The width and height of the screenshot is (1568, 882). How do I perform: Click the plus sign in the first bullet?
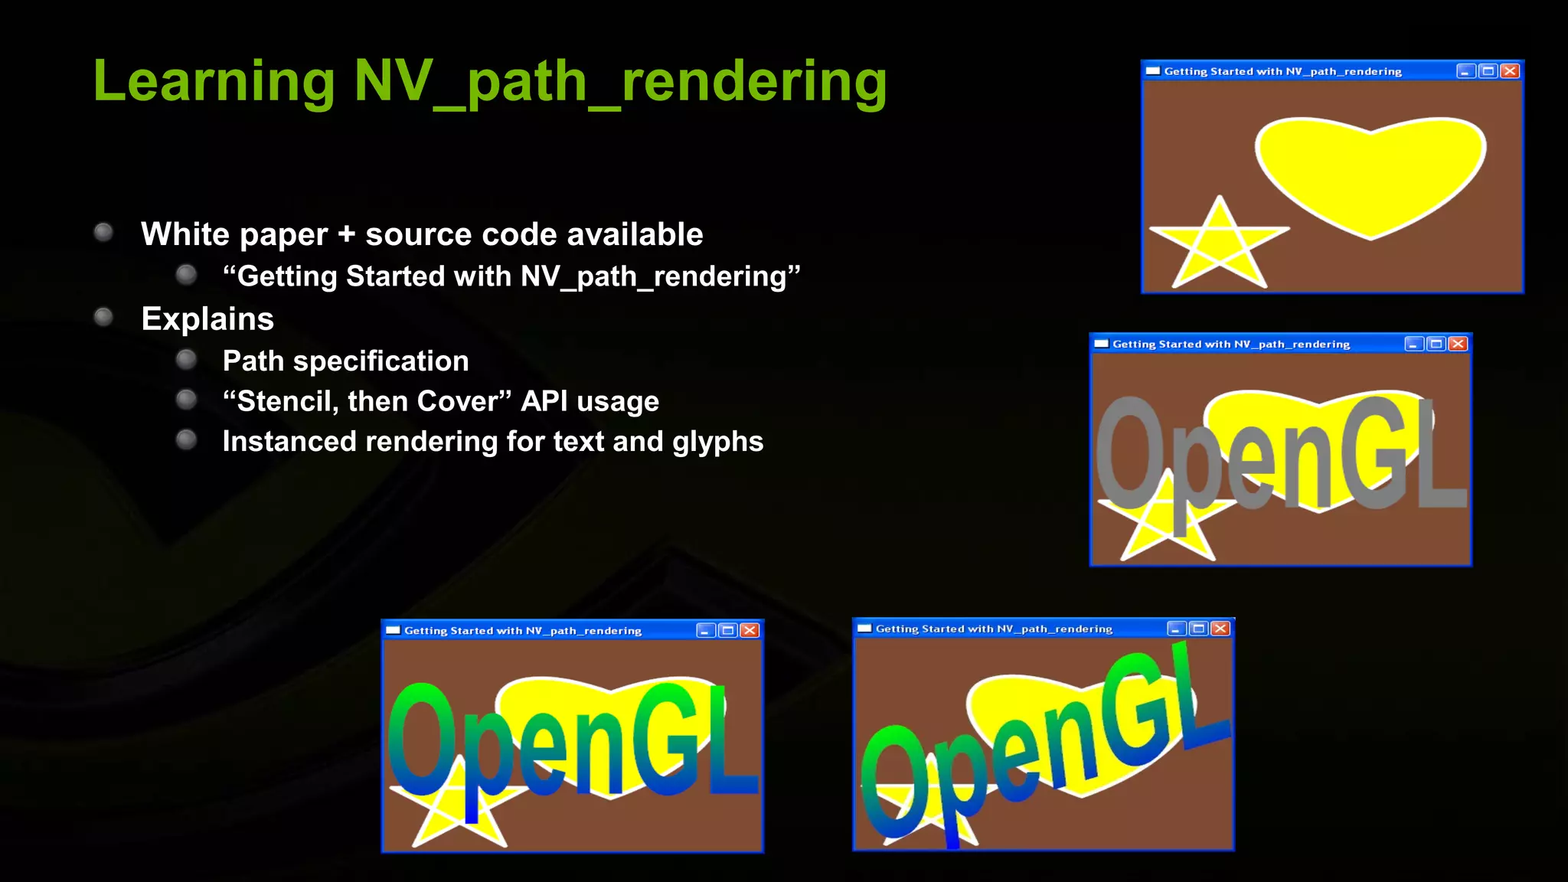[346, 234]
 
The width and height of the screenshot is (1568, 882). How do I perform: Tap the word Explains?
[207, 318]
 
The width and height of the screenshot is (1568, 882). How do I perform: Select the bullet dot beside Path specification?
[186, 360]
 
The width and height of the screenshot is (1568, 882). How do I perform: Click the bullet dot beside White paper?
[103, 232]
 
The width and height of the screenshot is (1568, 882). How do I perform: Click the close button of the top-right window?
[1510, 71]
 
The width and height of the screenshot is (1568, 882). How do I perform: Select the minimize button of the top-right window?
[1465, 71]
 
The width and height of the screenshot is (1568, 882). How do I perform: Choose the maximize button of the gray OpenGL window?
[1436, 344]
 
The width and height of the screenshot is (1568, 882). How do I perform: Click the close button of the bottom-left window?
[750, 630]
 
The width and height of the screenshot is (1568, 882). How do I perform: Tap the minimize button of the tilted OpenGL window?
[1176, 629]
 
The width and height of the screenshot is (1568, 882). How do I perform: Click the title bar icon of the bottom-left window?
[394, 630]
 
